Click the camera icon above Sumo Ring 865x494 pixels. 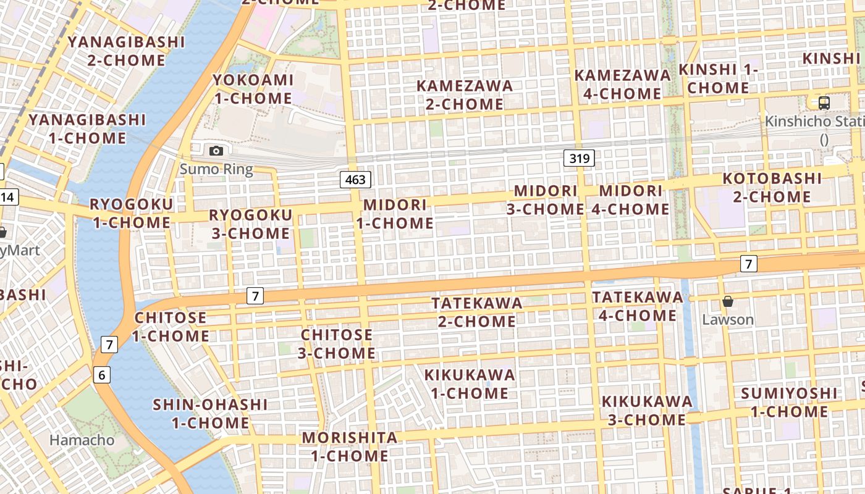click(216, 151)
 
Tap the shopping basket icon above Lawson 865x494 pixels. click(728, 301)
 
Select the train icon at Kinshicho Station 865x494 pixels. click(824, 103)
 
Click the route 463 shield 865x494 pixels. click(355, 180)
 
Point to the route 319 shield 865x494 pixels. click(579, 158)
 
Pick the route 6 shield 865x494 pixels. click(102, 374)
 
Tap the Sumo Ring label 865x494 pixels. click(216, 169)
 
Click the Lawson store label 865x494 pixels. click(728, 319)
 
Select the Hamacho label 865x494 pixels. click(82, 440)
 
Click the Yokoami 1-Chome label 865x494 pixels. click(253, 89)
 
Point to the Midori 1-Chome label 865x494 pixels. click(395, 214)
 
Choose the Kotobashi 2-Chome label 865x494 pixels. click(772, 188)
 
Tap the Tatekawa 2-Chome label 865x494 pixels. click(477, 312)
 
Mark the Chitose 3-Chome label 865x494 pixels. click(337, 344)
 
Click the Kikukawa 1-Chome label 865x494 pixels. click(470, 383)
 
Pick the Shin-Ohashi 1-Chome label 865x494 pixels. click(210, 414)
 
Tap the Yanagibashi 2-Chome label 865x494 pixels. click(127, 51)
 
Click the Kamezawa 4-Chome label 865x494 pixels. click(622, 84)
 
